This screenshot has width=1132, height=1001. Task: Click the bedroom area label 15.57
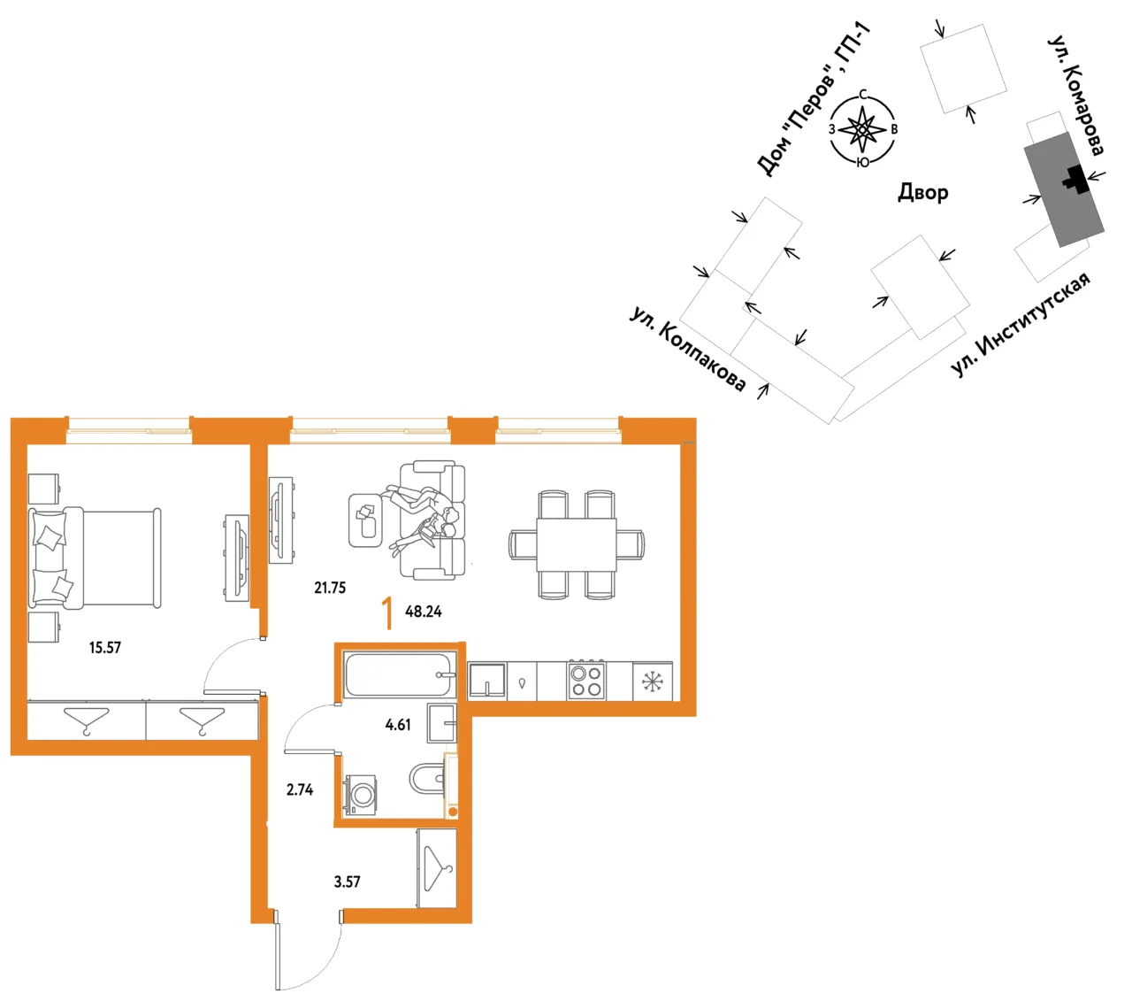pyautogui.click(x=105, y=648)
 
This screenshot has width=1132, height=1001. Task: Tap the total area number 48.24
pyautogui.click(x=423, y=612)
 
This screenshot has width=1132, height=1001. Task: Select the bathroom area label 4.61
pyautogui.click(x=398, y=725)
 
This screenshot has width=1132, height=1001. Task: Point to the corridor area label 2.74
pyautogui.click(x=300, y=789)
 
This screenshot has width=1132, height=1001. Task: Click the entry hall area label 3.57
pyautogui.click(x=347, y=882)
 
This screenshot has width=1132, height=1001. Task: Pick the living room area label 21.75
pyautogui.click(x=330, y=588)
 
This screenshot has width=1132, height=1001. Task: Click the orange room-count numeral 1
pyautogui.click(x=387, y=613)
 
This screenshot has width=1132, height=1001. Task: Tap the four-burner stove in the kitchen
pyautogui.click(x=586, y=681)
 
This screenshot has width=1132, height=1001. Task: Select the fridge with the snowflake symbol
pyautogui.click(x=652, y=681)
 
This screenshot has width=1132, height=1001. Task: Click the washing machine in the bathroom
pyautogui.click(x=361, y=794)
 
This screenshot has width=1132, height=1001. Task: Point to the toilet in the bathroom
pyautogui.click(x=427, y=779)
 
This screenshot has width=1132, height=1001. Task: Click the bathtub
pyautogui.click(x=400, y=675)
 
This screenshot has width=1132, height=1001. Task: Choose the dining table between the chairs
pyautogui.click(x=576, y=544)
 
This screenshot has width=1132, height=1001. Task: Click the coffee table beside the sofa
pyautogui.click(x=365, y=520)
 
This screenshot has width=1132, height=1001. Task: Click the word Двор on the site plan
pyautogui.click(x=922, y=192)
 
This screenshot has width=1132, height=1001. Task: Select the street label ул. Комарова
pyautogui.click(x=1076, y=96)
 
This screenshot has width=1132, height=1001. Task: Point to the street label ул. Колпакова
pyautogui.click(x=687, y=349)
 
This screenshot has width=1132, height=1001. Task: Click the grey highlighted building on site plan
pyautogui.click(x=1064, y=189)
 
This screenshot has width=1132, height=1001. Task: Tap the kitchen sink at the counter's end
pyautogui.click(x=487, y=681)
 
